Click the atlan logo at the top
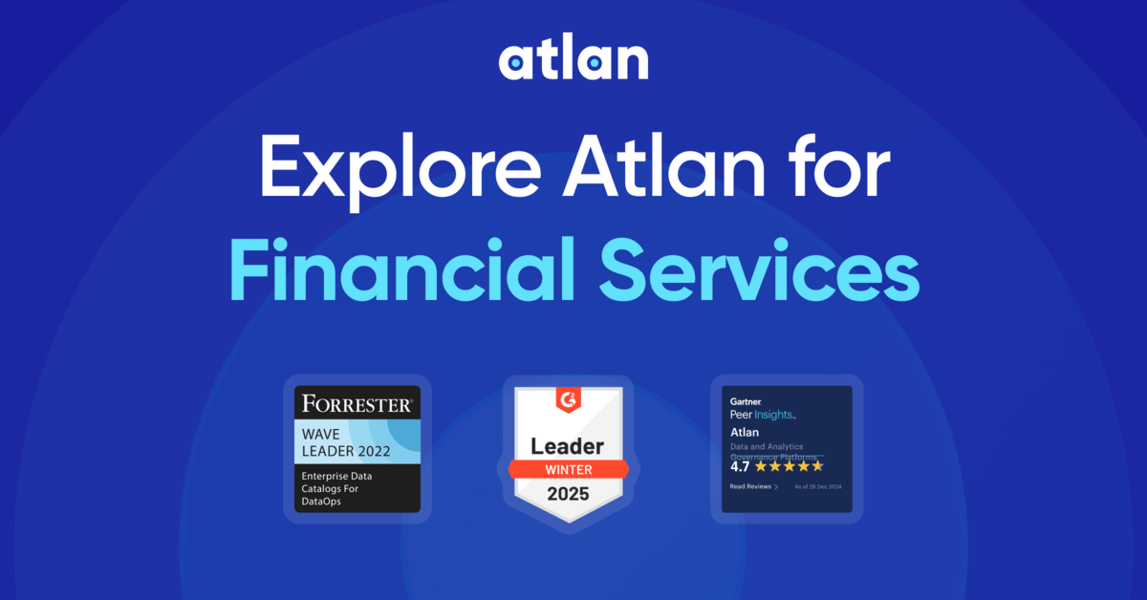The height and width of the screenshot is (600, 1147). [573, 60]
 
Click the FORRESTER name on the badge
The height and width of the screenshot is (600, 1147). [357, 403]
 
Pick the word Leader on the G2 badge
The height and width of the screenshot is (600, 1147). [568, 446]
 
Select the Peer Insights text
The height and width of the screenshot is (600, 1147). [762, 416]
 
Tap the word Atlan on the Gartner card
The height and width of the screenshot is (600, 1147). [744, 433]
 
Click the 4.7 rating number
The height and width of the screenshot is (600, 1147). [740, 466]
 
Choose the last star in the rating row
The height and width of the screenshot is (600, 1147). [817, 466]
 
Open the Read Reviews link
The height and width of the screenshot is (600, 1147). [753, 486]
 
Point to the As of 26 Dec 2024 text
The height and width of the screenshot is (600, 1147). [817, 486]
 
